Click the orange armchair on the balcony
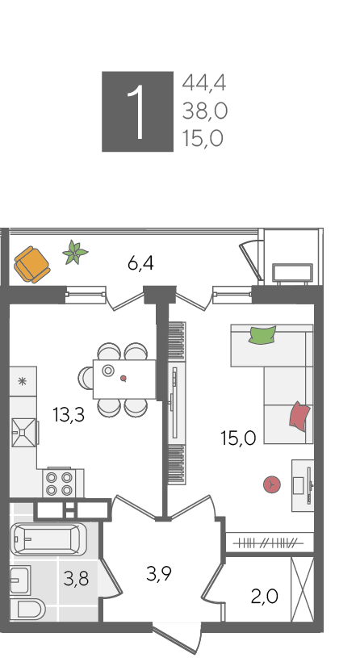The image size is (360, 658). [32, 264]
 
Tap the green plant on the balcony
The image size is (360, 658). [75, 253]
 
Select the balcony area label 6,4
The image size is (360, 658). [140, 263]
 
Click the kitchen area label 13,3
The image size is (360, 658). [69, 415]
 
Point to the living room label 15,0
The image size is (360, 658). [238, 438]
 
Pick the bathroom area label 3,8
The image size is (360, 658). [76, 579]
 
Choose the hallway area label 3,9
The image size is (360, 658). [159, 573]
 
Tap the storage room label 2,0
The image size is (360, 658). [264, 596]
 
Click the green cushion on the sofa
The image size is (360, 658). [262, 335]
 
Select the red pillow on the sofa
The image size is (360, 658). [299, 417]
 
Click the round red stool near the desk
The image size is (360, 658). [272, 484]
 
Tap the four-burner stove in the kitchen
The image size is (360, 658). [59, 484]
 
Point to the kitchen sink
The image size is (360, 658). [23, 432]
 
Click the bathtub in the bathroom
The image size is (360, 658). [48, 539]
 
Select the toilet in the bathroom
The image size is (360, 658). [27, 609]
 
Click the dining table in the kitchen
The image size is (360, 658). [124, 379]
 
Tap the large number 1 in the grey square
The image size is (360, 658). [137, 111]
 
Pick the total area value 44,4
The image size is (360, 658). [204, 82]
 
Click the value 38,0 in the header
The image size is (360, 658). [205, 111]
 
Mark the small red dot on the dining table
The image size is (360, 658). [123, 378]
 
